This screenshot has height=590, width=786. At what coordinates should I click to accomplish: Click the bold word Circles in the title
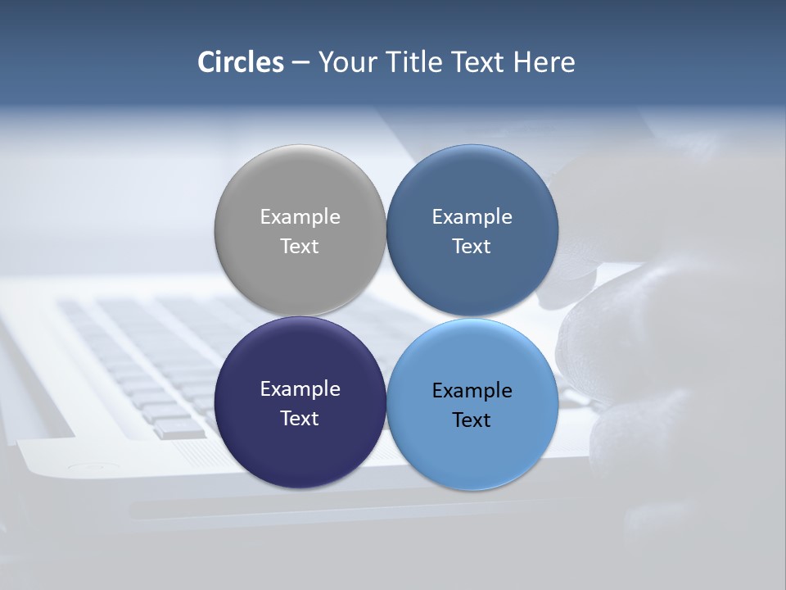coord(241,62)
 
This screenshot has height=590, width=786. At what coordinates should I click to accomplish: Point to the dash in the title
coord(300,63)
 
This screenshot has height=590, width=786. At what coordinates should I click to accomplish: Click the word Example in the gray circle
coord(300,217)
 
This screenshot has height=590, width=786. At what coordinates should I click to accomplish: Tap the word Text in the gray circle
coord(300,246)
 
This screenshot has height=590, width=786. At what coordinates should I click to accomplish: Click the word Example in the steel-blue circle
coord(472,217)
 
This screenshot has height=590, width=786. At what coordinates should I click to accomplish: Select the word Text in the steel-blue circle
coord(472,246)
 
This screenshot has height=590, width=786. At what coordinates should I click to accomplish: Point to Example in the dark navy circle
coord(300,389)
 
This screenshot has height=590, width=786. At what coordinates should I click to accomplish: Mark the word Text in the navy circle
coord(300,418)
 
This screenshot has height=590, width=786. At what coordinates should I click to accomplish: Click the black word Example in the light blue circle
coord(472,391)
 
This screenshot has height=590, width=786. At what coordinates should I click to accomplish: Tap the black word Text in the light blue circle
coord(472,420)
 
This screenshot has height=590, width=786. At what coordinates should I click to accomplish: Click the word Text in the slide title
coord(479,62)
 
